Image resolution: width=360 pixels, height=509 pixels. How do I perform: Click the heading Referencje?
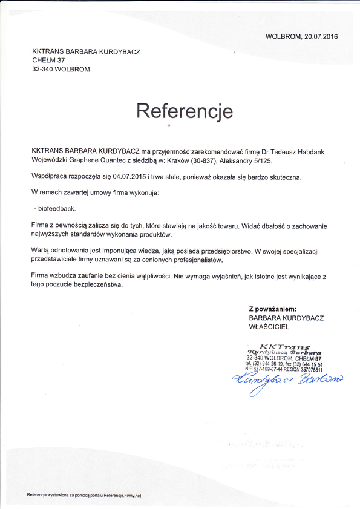coord(184,111)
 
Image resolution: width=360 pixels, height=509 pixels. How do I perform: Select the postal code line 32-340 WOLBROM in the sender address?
coord(61,70)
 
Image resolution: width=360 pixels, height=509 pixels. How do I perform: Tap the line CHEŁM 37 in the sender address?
coord(48,61)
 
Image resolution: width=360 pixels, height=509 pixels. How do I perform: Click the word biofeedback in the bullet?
coord(57,208)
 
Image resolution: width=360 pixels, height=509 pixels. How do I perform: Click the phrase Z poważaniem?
coord(273,309)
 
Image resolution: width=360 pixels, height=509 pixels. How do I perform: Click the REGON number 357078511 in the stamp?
coord(309,370)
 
